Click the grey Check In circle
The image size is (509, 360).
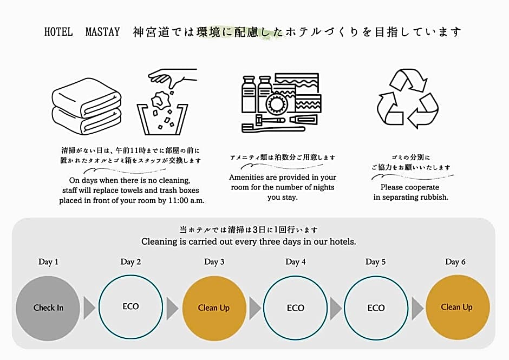pyautogui.click(x=48, y=308)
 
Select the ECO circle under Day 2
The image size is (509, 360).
pyautogui.click(x=130, y=307)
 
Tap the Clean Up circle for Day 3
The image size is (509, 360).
pyautogui.click(x=214, y=308)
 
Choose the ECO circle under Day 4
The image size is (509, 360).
pyautogui.click(x=296, y=308)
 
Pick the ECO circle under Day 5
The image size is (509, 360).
pyautogui.click(x=376, y=308)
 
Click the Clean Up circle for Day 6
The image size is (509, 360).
pyautogui.click(x=457, y=307)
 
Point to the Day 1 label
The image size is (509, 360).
pyautogui.click(x=48, y=262)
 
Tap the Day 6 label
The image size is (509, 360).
pyautogui.click(x=455, y=262)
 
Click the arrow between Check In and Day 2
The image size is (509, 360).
pyautogui.click(x=89, y=307)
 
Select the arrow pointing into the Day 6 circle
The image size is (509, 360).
pyautogui.click(x=417, y=307)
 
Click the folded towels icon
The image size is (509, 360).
pyautogui.click(x=87, y=106)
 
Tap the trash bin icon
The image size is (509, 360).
pyautogui.click(x=162, y=119)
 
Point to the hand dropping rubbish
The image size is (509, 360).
pyautogui.click(x=172, y=78)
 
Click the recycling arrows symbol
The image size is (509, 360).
pyautogui.click(x=408, y=99)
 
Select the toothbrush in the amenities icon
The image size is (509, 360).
pyautogui.click(x=273, y=128)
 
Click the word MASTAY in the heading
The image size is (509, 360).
pyautogui.click(x=102, y=32)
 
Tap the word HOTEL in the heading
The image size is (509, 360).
pyautogui.click(x=58, y=32)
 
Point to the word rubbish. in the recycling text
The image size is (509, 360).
pyautogui.click(x=433, y=197)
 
